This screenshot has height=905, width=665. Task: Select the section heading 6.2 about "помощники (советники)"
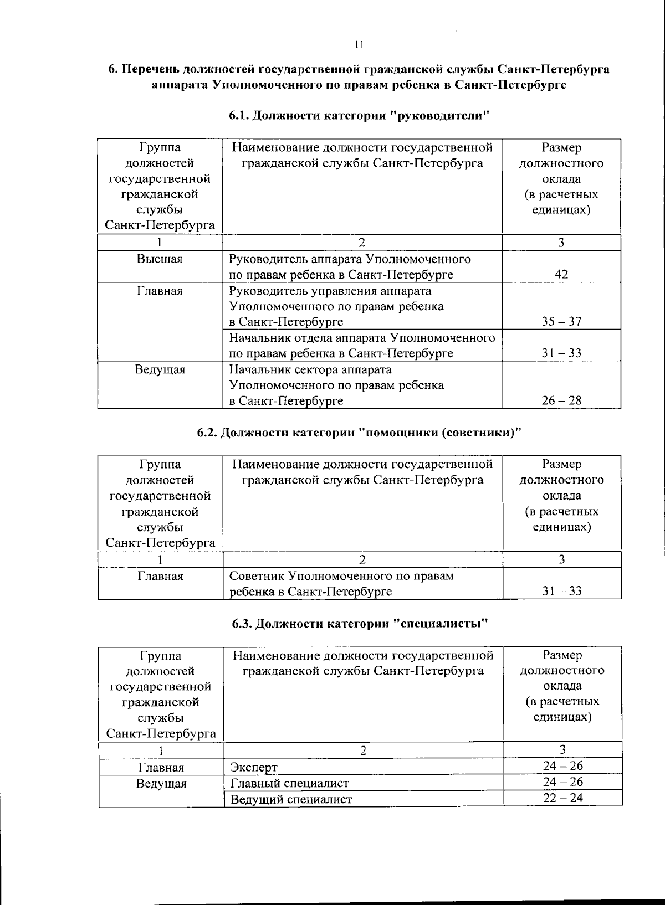pos(360,433)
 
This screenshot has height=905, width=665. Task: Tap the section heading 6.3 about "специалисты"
pos(360,624)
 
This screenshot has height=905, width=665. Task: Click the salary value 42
pos(561,275)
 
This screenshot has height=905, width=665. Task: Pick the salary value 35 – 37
pos(561,322)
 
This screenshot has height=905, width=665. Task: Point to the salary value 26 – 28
pos(561,400)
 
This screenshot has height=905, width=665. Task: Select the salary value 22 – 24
pos(562,798)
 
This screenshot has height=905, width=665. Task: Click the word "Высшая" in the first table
pos(160,259)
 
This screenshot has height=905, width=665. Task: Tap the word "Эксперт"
pos(254,768)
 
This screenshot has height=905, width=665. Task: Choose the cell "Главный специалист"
pos(289,783)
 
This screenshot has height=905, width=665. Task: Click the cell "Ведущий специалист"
pos(291,799)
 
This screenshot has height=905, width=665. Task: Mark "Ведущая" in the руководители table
pos(160,369)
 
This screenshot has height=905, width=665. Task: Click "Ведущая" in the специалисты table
pos(161,784)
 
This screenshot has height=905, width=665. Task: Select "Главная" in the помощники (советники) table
pos(160,577)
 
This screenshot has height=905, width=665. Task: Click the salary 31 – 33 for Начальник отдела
pos(561,353)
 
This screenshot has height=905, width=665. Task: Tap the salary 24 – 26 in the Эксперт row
pos(562,767)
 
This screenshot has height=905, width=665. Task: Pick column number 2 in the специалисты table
pos(363,751)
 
